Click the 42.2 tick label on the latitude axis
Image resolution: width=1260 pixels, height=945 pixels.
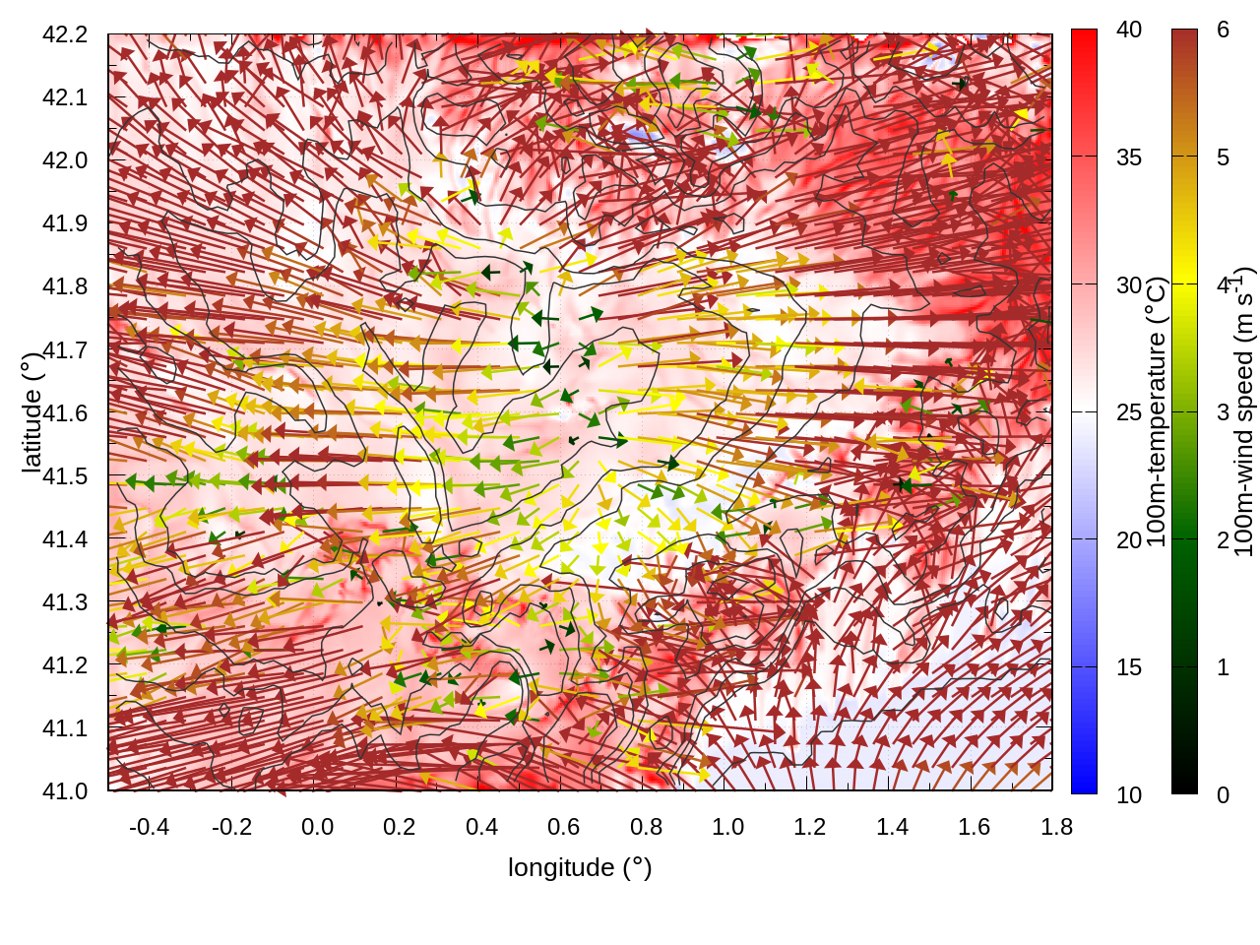[65, 34]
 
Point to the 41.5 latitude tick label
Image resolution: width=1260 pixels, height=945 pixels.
[65, 476]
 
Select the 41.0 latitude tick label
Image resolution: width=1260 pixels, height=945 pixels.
[65, 791]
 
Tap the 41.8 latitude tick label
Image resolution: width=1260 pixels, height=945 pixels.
[65, 286]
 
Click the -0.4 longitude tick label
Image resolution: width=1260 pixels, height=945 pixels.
[149, 827]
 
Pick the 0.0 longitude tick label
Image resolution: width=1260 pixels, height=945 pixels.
[317, 827]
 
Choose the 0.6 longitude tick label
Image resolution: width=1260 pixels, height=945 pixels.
[563, 827]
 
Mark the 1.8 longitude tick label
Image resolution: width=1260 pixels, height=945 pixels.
[1056, 827]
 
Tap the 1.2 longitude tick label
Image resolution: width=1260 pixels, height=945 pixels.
[810, 827]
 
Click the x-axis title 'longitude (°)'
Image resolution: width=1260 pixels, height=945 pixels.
[580, 867]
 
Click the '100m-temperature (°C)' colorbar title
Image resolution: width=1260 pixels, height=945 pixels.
[1158, 411]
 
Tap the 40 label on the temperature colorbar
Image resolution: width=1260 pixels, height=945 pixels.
[1129, 31]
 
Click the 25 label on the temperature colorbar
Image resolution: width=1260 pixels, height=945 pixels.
[1129, 412]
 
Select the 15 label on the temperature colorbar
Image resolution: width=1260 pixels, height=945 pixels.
[1129, 667]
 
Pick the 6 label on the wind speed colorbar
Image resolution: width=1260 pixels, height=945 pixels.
[1223, 31]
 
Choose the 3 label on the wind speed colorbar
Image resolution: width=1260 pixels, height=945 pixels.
[1223, 412]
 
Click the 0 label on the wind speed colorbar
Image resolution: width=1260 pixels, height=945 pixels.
[1223, 794]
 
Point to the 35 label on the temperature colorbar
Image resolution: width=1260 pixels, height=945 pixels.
[1129, 157]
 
